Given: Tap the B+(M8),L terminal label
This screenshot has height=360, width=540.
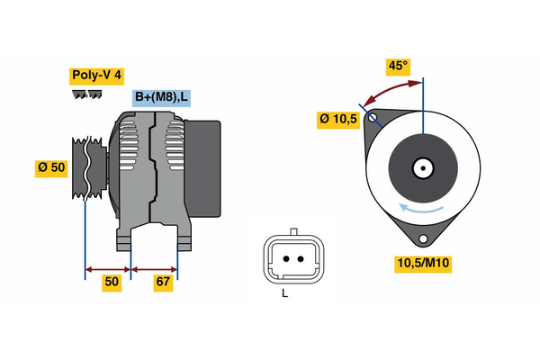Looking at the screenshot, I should [x=162, y=98].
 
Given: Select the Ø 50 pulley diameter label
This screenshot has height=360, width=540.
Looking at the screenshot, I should [x=51, y=167].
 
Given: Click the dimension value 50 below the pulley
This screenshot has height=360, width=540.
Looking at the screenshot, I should [x=112, y=283].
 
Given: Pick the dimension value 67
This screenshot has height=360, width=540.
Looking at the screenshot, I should [x=163, y=283].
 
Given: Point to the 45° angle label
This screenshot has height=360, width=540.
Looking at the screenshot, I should [x=397, y=66].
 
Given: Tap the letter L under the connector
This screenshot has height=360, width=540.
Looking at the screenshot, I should [x=284, y=293].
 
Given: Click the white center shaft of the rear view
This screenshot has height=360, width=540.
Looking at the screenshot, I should [x=422, y=168].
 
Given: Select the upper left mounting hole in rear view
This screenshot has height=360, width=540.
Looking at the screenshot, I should [x=371, y=117].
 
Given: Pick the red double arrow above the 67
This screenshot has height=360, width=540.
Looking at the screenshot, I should [x=155, y=268].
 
